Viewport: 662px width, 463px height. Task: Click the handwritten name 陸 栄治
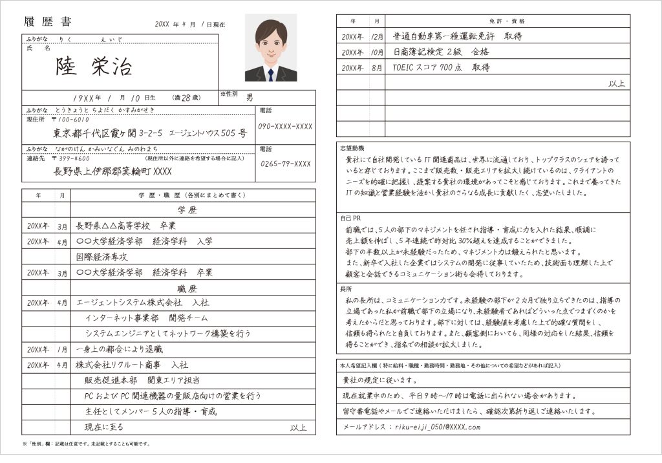click(94, 67)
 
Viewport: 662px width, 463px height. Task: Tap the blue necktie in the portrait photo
click(271, 74)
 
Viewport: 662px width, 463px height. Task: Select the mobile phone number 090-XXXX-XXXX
click(286, 126)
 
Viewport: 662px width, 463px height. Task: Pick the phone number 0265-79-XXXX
click(286, 164)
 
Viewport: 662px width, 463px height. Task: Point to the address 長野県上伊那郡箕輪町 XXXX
click(112, 171)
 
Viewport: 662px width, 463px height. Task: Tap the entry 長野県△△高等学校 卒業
click(125, 226)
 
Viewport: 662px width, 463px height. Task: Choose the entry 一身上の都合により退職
click(120, 349)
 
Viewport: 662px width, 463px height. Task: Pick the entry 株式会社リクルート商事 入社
click(132, 365)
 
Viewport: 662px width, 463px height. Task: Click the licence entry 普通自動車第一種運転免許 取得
click(457, 36)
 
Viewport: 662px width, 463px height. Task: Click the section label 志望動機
click(352, 149)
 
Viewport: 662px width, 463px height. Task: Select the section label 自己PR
click(350, 218)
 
